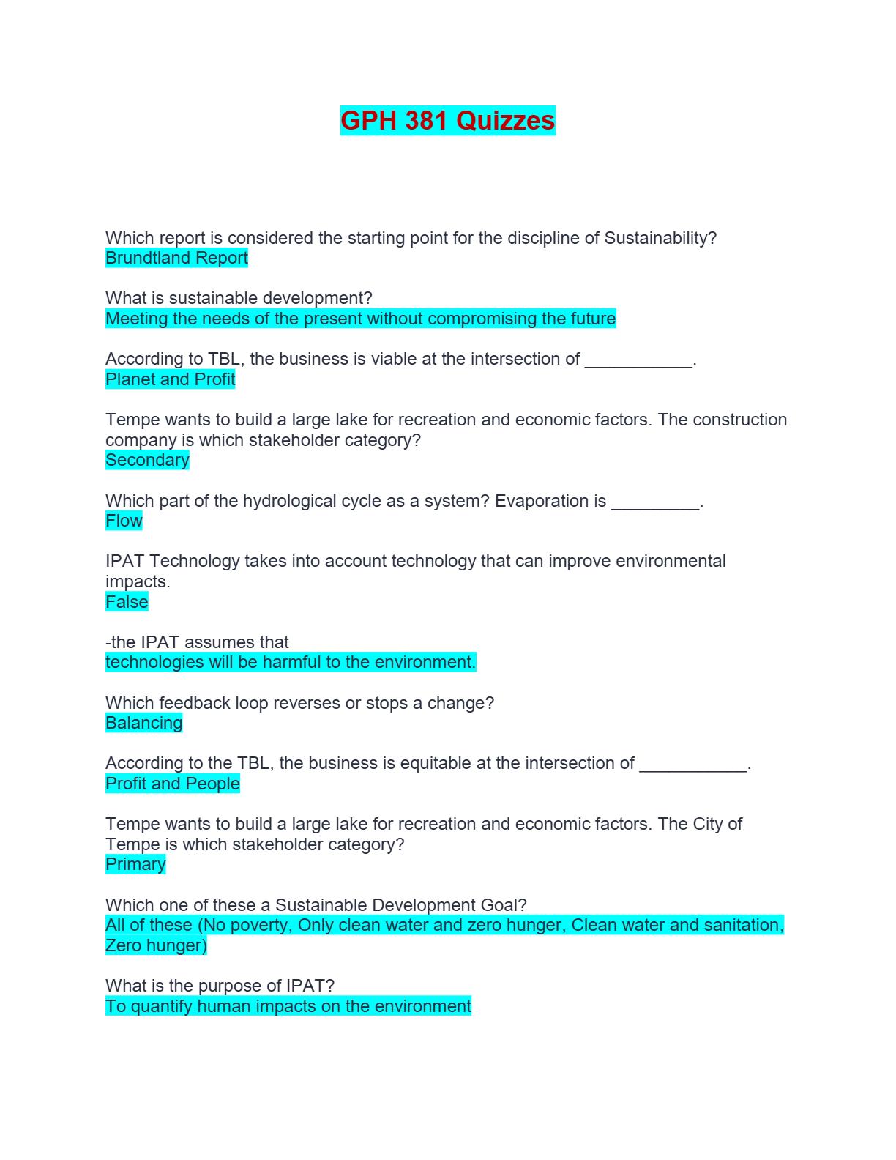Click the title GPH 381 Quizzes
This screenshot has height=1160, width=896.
[447, 121]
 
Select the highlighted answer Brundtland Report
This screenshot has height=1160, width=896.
[176, 258]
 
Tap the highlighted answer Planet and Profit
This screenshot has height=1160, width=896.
[170, 379]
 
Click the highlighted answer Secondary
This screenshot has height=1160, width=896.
[147, 460]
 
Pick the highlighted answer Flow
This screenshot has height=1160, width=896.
[124, 521]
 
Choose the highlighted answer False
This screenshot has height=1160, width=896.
[127, 602]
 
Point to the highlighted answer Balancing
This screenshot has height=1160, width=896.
[143, 723]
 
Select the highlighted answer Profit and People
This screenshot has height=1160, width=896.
[173, 784]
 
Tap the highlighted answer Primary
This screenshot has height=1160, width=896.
[135, 864]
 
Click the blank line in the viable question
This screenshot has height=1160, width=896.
[638, 361]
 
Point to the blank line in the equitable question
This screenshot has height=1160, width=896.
[693, 765]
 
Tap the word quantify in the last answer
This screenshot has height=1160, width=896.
[162, 1006]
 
